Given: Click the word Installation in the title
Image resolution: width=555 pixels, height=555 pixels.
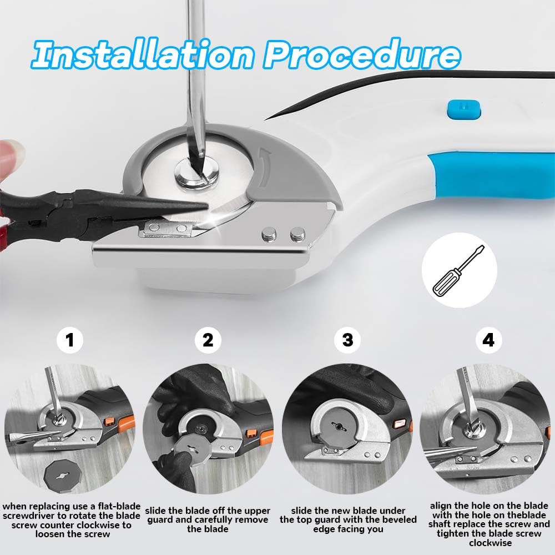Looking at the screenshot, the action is [x=143, y=54].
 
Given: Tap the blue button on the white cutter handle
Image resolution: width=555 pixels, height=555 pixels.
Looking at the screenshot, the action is [x=464, y=109].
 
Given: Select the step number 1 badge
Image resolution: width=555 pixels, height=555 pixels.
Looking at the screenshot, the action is [x=70, y=340].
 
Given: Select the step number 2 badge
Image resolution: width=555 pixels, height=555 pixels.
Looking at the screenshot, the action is [x=208, y=340].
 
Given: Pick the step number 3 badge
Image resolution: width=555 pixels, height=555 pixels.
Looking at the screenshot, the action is [x=347, y=340].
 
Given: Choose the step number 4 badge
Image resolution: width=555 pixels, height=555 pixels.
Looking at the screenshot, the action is [x=488, y=340].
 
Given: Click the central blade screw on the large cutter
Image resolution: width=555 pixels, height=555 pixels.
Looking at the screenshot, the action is [x=197, y=173].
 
